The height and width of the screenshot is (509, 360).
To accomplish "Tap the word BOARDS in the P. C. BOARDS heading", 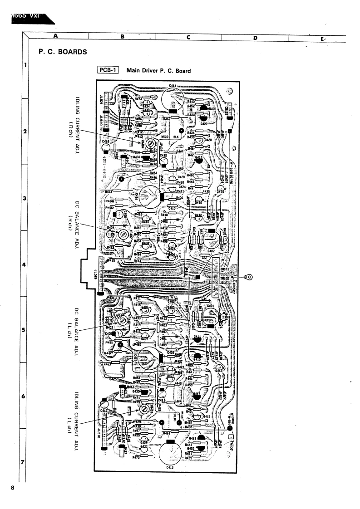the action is coord(70,52).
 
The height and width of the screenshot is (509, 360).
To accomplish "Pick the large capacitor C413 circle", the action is coord(172,454).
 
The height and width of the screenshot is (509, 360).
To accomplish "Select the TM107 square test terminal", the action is coord(230,431).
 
